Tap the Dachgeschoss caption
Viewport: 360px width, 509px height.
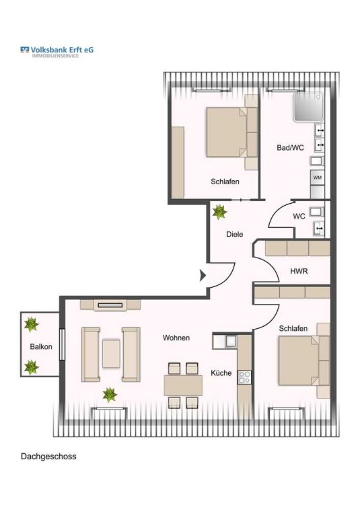click(48, 456)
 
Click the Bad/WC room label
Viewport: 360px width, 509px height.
click(290, 148)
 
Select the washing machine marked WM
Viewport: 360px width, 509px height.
click(317, 178)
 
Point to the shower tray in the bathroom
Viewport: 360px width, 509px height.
click(308, 107)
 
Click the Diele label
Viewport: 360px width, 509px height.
click(235, 234)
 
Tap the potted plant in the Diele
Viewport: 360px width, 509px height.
click(219, 212)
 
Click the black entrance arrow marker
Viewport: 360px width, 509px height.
click(203, 276)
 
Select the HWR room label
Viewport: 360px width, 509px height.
click(299, 271)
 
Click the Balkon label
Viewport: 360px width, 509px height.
click(41, 346)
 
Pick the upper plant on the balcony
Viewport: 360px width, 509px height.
click(31, 324)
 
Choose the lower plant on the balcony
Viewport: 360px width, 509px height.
click(31, 367)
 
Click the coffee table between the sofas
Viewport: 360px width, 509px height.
click(111, 354)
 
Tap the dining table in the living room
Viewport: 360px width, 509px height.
click(183, 385)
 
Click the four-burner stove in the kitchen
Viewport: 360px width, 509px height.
click(244, 377)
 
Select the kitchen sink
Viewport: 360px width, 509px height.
click(231, 341)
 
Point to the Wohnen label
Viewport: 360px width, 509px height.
click(176, 338)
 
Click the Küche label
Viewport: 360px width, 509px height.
click(221, 373)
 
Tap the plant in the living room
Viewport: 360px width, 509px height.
click(110, 395)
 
